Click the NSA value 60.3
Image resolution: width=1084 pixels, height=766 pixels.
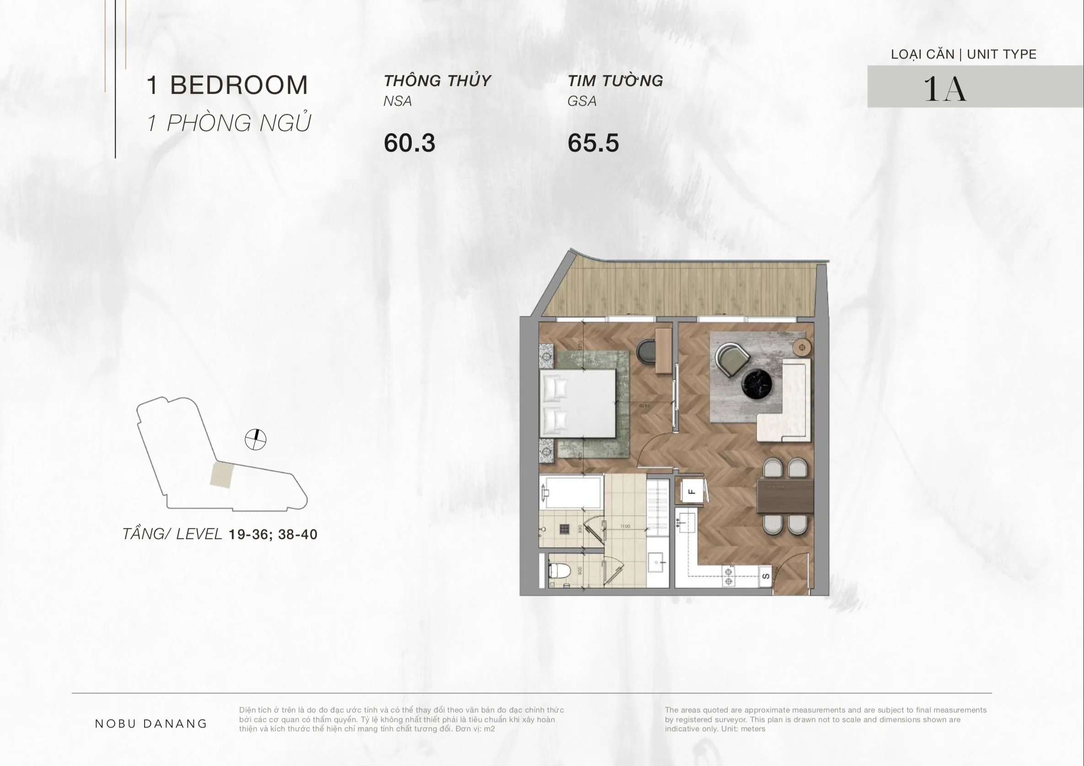click(409, 143)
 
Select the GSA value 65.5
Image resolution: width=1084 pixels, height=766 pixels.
click(593, 143)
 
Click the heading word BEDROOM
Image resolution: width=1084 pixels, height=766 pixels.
click(238, 86)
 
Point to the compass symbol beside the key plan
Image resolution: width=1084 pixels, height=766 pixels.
click(255, 440)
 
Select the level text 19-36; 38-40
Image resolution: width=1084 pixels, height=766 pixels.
click(273, 534)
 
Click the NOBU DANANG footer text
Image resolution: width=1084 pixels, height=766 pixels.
click(151, 723)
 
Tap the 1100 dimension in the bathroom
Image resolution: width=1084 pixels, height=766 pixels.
click(625, 526)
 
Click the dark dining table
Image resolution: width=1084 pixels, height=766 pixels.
click(785, 496)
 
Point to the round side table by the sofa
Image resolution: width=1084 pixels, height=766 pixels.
click(802, 348)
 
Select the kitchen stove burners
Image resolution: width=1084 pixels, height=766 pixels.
click(728, 577)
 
